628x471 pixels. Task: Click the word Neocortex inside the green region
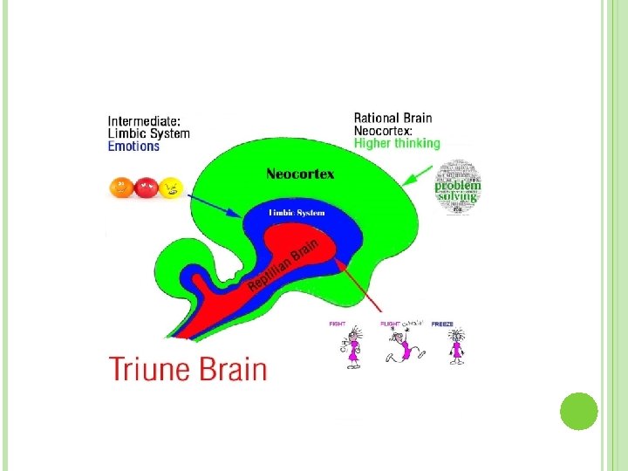(300, 174)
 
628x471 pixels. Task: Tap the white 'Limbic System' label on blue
(296, 214)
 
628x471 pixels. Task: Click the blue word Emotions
(133, 147)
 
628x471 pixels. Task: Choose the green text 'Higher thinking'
(397, 143)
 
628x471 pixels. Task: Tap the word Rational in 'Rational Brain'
(376, 118)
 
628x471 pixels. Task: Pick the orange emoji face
(121, 187)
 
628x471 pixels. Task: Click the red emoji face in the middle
(146, 187)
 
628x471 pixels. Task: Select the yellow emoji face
(170, 187)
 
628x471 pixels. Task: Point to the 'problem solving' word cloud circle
(459, 187)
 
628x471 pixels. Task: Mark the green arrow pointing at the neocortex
(421, 178)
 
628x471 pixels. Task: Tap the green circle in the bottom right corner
(577, 410)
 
